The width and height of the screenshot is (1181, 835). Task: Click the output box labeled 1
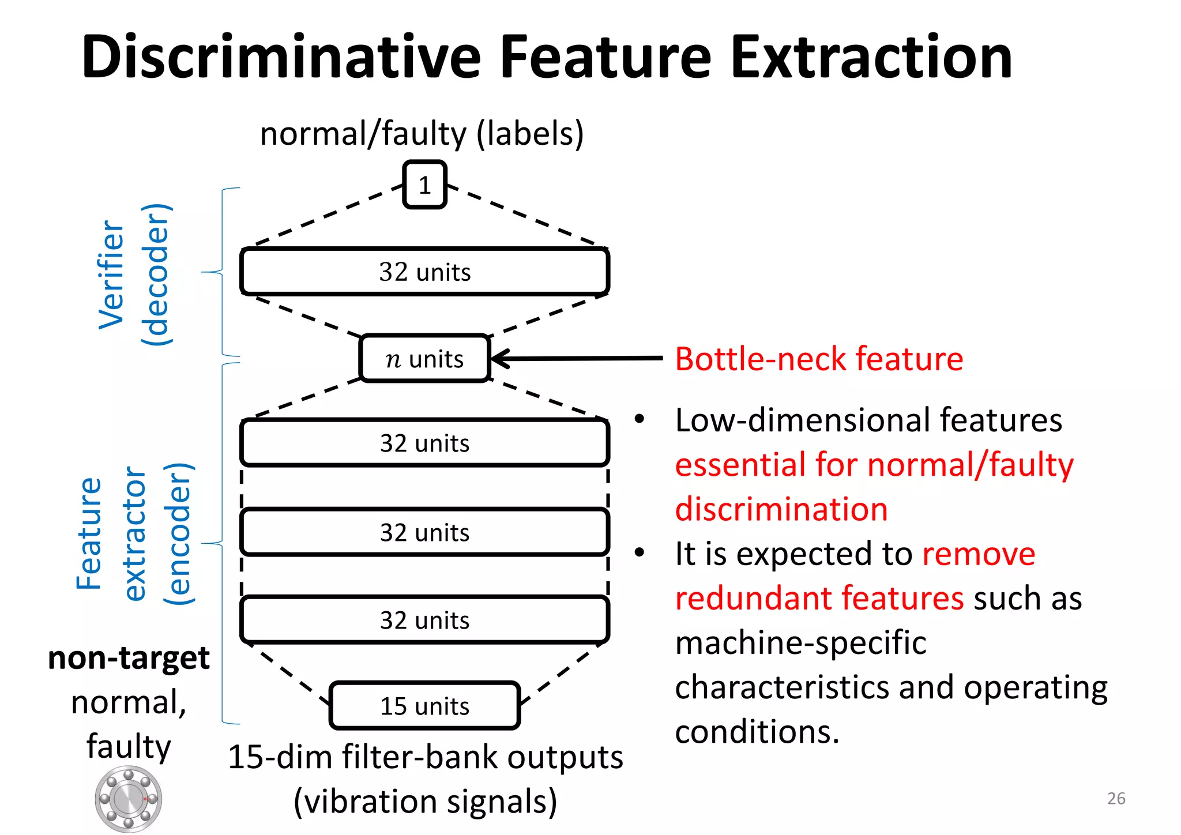[424, 185]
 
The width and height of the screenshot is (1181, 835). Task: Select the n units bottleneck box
[424, 359]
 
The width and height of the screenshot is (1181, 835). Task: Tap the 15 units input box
[424, 706]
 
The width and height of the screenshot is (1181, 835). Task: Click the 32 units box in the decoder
[424, 272]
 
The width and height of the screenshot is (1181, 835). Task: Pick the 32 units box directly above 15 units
[424, 620]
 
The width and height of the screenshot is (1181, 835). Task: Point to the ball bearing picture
[129, 799]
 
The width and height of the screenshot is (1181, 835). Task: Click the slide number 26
[1116, 799]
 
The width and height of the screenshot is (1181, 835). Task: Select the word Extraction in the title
[871, 58]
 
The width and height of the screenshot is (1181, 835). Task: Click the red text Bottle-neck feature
[819, 359]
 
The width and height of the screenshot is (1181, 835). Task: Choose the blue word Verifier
[111, 274]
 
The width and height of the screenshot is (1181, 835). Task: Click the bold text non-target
[129, 658]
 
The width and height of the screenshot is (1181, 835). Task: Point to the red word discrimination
[781, 509]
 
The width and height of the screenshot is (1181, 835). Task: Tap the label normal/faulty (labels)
[422, 134]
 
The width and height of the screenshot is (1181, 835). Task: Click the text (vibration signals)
[425, 802]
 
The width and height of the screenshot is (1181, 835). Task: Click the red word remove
[979, 554]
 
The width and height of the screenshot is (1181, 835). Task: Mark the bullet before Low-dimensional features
[639, 419]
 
